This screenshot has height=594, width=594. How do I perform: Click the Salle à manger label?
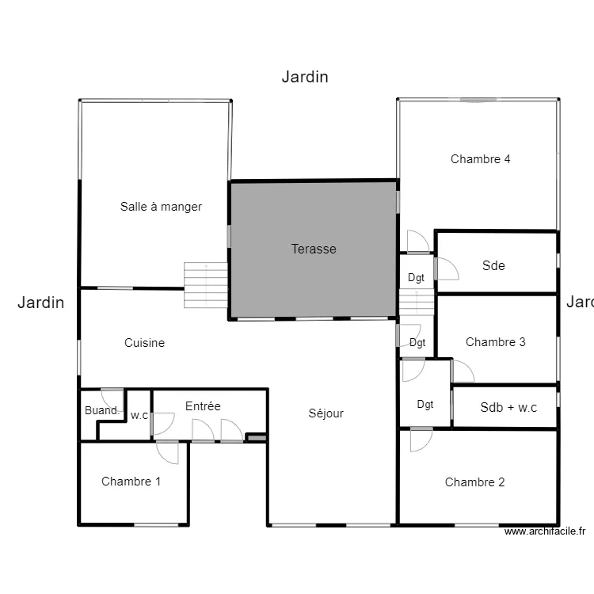point(161,207)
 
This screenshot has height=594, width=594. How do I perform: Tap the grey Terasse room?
point(314,249)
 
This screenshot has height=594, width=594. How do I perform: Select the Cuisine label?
point(144,343)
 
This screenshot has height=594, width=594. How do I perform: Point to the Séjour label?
point(326,413)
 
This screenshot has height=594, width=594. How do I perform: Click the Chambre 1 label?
point(131,482)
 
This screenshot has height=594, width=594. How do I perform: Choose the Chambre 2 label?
point(474,482)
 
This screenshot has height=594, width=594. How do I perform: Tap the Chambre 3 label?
point(495,342)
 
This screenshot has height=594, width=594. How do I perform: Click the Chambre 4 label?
point(480,159)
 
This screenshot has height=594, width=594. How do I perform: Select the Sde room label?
point(493,266)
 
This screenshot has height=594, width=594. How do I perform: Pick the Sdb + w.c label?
point(508,408)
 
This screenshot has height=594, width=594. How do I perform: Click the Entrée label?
point(203,406)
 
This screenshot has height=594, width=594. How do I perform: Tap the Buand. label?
point(101,411)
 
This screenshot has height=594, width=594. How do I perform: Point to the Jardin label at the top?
point(305,77)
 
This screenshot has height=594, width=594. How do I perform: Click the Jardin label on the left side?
point(40,302)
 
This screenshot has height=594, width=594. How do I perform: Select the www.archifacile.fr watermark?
point(544,532)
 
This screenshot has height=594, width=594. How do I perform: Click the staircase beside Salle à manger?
point(206,286)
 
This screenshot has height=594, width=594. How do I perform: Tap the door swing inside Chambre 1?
point(168,453)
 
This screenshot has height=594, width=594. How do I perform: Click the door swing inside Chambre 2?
point(420,440)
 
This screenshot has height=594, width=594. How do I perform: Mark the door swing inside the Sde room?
point(447,268)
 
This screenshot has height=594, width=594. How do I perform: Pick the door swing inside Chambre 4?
point(417,241)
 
